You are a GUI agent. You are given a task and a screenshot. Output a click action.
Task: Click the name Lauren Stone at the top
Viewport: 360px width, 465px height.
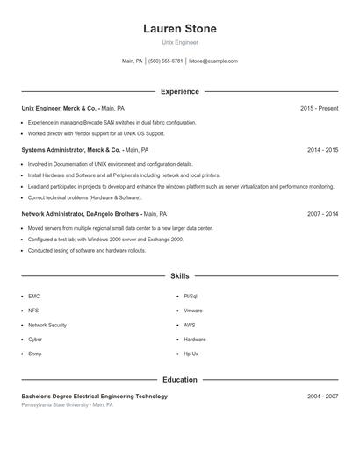coord(180,29)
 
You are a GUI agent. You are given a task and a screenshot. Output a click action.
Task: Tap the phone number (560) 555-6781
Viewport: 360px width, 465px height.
coord(166,61)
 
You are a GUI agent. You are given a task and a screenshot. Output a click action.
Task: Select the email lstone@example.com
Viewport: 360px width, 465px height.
coord(214,61)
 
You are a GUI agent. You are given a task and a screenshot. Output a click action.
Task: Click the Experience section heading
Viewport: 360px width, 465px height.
coord(180,91)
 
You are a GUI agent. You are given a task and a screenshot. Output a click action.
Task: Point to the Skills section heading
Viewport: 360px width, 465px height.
coord(180,275)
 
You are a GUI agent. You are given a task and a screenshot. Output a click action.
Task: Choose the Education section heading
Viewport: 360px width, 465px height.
coord(180,380)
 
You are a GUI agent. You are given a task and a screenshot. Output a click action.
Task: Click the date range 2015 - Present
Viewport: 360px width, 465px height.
coord(319,109)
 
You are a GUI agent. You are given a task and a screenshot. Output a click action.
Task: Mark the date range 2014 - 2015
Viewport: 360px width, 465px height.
coord(322,150)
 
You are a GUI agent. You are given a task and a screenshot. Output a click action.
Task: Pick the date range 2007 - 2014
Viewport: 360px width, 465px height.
coord(322,214)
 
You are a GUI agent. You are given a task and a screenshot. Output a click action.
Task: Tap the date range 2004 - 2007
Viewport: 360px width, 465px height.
coord(322,397)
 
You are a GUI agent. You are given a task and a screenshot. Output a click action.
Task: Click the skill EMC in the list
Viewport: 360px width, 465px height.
coord(34,297)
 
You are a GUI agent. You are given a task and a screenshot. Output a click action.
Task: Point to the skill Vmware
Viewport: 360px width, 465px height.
coord(193,311)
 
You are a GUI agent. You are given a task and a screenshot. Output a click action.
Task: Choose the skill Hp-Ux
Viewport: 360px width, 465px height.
coord(191,354)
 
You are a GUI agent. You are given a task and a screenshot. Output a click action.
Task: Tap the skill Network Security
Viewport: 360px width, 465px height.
coord(47,325)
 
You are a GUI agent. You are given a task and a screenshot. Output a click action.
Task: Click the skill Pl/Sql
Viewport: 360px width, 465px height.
coord(191,297)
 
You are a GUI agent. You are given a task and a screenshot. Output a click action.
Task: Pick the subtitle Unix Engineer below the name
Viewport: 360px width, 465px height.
coord(180,42)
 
